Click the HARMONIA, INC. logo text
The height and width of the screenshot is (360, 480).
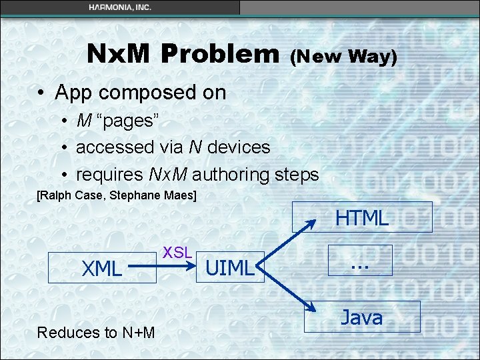pos(120,7)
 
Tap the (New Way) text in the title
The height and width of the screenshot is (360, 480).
pos(343,57)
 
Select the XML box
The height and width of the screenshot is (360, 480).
pos(102,269)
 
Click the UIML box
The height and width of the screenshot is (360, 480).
pos(230,267)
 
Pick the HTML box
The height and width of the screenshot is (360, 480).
pos(362,217)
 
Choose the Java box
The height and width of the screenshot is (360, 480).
pos(362,317)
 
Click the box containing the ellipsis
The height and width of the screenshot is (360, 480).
pos(360,260)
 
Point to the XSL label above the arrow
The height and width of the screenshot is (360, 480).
pos(177,252)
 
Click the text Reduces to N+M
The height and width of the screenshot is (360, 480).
pos(96,333)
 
